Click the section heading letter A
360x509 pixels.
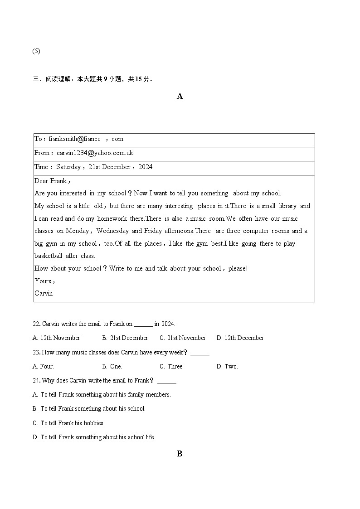pos(180,96)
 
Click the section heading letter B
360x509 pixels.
pos(180,454)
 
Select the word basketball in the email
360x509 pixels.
pos(48,256)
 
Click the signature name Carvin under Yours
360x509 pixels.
pos(44,293)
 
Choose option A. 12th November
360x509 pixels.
pos(56,338)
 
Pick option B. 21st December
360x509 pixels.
pos(125,338)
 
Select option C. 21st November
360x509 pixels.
pos(182,338)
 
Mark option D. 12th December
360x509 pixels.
pos(240,338)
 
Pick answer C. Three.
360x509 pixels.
pos(171,367)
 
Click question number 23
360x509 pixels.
pos(36,353)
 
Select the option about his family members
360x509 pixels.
pos(102,395)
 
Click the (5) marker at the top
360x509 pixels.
pos(36,51)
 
